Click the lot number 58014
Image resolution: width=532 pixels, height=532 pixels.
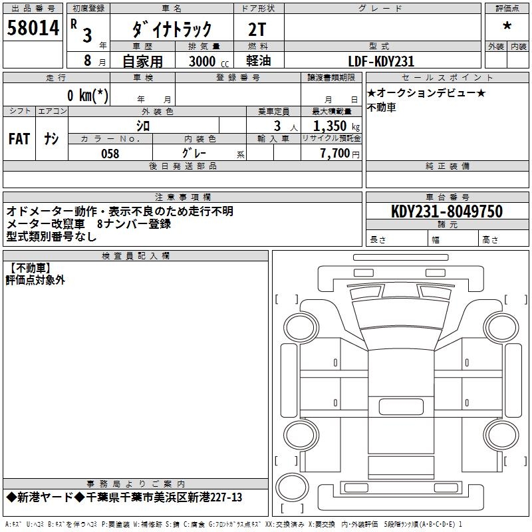tap(33, 29)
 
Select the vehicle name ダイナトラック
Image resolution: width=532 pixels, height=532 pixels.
tap(172, 29)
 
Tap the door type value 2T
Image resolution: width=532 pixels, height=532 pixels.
tap(257, 29)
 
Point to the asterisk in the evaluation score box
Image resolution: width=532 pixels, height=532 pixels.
tap(507, 27)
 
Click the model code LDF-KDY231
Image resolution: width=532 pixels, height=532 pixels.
tap(381, 61)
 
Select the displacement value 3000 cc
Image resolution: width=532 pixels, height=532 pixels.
tap(202, 61)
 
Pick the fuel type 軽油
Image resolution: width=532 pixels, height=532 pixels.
tap(257, 61)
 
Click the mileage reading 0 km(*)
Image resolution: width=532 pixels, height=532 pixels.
tap(87, 95)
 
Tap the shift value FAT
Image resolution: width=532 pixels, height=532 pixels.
tap(19, 138)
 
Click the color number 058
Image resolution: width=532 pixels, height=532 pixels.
tap(110, 154)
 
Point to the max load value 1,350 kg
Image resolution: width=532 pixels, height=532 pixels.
tap(336, 126)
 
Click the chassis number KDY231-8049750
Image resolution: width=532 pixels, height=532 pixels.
tap(446, 211)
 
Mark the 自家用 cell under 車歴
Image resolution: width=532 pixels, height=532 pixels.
tap(142, 61)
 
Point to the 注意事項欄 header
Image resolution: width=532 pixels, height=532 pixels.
tap(182, 197)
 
